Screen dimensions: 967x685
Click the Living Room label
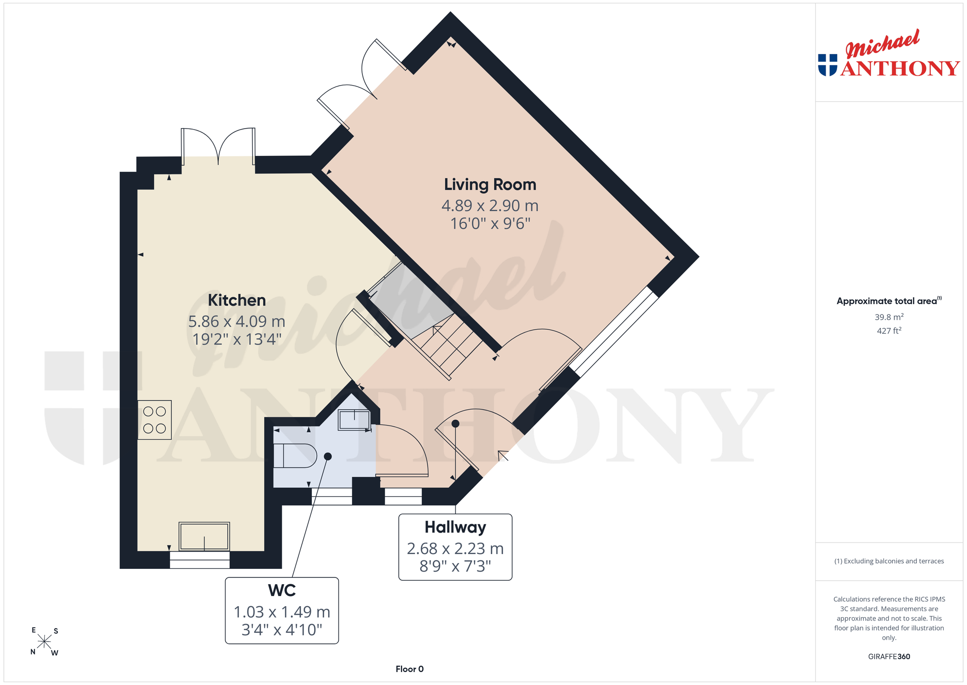[x=490, y=185]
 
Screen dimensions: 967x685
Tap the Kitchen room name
[x=237, y=300]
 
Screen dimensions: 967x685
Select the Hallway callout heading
[x=455, y=527]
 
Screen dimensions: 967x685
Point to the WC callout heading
[x=282, y=590]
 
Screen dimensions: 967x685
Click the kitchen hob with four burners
[x=155, y=420]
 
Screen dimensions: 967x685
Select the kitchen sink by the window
[x=204, y=537]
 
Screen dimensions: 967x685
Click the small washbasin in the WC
[x=354, y=420]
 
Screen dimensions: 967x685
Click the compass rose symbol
[x=44, y=642]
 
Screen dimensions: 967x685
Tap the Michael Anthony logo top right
[x=889, y=54]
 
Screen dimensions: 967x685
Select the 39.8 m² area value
[x=889, y=317]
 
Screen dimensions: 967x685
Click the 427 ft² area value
[x=889, y=330]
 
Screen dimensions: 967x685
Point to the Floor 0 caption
[x=409, y=669]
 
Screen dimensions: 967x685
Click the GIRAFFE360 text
[x=889, y=657]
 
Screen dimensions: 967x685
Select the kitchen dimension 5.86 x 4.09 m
[x=237, y=322]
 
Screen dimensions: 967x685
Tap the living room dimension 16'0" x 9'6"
[x=490, y=223]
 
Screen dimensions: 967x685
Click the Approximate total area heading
[x=889, y=301]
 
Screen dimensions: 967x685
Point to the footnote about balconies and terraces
[x=889, y=561]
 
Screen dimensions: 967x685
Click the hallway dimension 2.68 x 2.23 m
[x=455, y=549]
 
